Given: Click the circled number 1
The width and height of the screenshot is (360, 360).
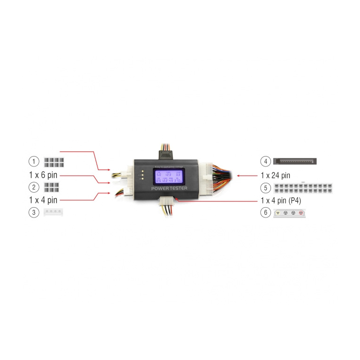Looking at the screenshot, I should click(x=34, y=162).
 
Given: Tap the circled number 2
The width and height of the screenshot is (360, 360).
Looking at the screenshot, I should click(x=34, y=187).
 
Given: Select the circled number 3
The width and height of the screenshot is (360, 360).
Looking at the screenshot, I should click(x=34, y=212).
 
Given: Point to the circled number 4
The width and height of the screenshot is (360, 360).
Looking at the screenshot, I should click(x=266, y=162).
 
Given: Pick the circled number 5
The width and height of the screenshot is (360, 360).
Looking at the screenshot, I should click(x=266, y=188).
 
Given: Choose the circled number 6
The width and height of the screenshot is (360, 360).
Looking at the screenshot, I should click(x=266, y=212).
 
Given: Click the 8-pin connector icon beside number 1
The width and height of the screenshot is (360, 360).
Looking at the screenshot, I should click(x=53, y=162).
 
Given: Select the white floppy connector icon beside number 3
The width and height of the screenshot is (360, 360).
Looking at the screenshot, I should click(x=53, y=212).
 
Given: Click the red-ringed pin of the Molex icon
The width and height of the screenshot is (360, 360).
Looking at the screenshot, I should click(x=301, y=212).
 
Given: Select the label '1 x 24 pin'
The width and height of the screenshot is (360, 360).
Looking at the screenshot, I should click(x=276, y=175).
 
